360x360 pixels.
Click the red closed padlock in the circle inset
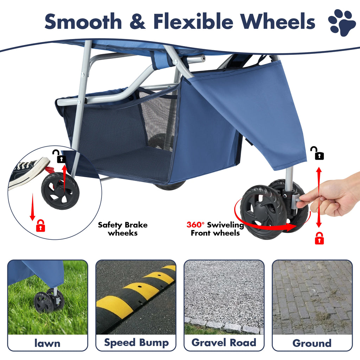click(41, 225)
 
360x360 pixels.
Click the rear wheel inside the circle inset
click(60, 191)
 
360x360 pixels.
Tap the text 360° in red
click(196, 225)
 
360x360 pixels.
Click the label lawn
click(47, 343)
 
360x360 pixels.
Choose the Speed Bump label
click(136, 343)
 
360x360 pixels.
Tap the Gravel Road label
click(224, 343)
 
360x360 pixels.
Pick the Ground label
click(312, 343)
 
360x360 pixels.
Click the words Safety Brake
click(123, 225)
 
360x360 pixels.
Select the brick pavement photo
click(312, 297)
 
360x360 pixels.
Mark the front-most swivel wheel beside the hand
click(263, 212)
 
